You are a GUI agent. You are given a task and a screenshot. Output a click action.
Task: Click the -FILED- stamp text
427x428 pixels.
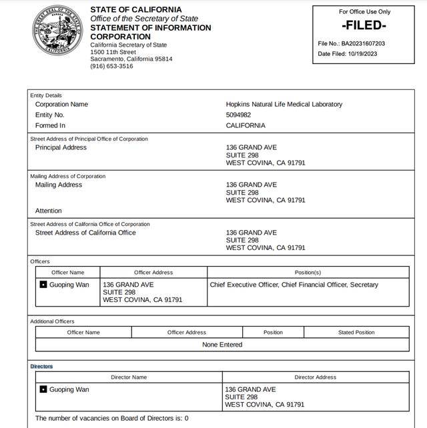[x=364, y=26]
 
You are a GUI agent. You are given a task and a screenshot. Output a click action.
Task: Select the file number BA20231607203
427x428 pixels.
[x=363, y=43]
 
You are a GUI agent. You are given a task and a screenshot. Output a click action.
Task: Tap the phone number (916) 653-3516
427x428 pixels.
[x=111, y=66]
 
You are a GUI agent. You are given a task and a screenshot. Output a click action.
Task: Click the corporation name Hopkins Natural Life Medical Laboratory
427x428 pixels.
[x=284, y=105]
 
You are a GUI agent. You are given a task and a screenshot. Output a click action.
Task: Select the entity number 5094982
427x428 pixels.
[x=239, y=115]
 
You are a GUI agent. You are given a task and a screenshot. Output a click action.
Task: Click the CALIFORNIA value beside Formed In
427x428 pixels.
[x=246, y=125]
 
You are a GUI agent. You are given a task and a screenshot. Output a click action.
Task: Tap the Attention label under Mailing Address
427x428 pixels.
[x=48, y=211]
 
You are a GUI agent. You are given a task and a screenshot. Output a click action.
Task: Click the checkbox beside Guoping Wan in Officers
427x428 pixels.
[x=43, y=285]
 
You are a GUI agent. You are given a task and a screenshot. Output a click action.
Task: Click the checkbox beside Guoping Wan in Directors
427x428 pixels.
[x=43, y=389]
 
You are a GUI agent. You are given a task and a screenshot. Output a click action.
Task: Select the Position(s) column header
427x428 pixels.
[x=308, y=273]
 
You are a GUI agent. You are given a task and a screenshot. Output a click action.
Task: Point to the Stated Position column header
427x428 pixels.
[x=356, y=332]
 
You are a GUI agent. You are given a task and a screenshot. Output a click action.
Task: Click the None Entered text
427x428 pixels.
[x=222, y=345]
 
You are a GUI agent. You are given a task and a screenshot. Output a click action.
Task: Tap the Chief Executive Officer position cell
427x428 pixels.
[x=294, y=285]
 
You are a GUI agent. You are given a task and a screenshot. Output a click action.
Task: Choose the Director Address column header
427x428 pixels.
[x=315, y=377]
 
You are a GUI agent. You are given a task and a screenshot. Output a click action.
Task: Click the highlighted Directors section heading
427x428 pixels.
[x=41, y=367]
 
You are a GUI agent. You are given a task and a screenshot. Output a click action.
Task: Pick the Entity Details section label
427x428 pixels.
[x=46, y=95]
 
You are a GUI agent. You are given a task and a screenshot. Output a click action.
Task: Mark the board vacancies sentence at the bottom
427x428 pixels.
[x=112, y=418]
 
